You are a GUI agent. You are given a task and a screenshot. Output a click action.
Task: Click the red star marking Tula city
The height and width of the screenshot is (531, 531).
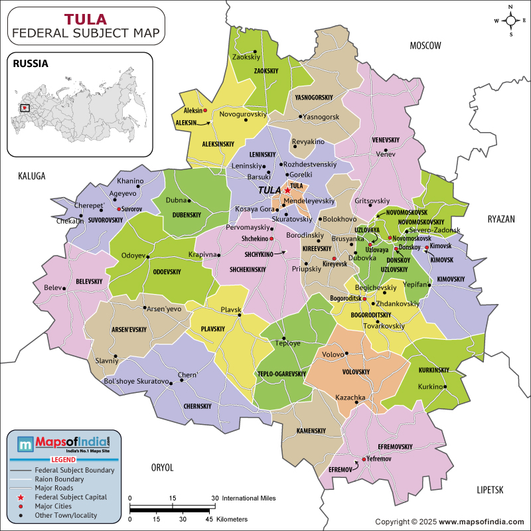(287, 190)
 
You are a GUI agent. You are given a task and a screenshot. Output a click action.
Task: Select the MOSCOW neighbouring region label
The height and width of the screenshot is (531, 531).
(425, 46)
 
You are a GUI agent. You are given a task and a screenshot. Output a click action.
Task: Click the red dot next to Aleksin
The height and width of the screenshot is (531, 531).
(205, 110)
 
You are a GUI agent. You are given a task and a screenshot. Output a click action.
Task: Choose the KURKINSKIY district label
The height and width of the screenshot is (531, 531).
(434, 370)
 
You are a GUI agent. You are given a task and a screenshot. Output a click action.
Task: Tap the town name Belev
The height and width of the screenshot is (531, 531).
(52, 287)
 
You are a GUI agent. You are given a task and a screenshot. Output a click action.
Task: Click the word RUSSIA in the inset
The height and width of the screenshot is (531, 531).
(30, 64)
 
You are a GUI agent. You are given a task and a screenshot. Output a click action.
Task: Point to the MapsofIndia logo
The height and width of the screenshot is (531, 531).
(63, 443)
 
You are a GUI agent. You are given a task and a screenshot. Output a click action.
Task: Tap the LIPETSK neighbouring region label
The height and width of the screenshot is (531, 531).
(491, 489)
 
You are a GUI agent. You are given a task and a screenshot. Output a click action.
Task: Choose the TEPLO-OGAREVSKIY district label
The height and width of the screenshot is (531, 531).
(281, 374)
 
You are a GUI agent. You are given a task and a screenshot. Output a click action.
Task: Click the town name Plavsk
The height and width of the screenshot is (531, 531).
(230, 310)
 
